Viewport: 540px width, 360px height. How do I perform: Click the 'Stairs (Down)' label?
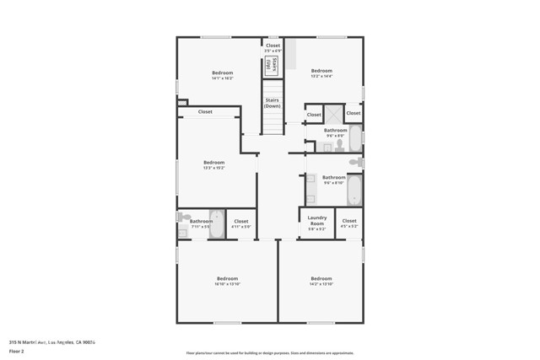tap(272, 103)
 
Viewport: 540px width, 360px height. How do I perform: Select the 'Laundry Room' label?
tap(316, 220)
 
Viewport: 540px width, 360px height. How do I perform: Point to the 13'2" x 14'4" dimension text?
tap(321, 77)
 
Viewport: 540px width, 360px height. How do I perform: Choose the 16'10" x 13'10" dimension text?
tap(227, 284)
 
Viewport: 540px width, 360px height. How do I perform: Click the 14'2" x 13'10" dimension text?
tap(321, 284)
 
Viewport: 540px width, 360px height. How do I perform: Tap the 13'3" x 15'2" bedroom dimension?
tap(213, 168)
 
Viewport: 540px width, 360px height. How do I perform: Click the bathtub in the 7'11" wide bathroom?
tap(216, 223)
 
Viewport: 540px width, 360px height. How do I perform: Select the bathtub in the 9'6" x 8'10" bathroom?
tap(355, 189)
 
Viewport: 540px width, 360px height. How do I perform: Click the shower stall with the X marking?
tap(333, 113)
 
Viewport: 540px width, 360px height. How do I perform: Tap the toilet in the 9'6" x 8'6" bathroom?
tap(338, 145)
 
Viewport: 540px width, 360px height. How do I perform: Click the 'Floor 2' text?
tap(18, 352)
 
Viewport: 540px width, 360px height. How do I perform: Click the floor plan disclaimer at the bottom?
tap(270, 353)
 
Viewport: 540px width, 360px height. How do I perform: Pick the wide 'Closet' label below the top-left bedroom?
tap(205, 111)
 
